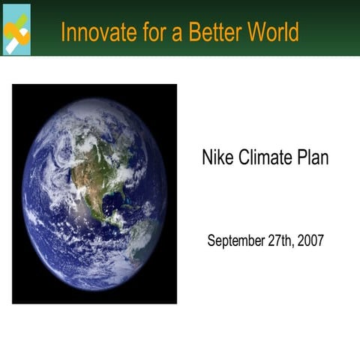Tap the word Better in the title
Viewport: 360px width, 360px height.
point(216,32)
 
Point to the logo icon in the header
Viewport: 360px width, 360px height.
point(16,29)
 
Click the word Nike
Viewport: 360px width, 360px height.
point(217,158)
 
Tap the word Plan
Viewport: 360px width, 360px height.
point(312,158)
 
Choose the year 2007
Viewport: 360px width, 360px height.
point(310,241)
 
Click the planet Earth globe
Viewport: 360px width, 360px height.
point(94,193)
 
